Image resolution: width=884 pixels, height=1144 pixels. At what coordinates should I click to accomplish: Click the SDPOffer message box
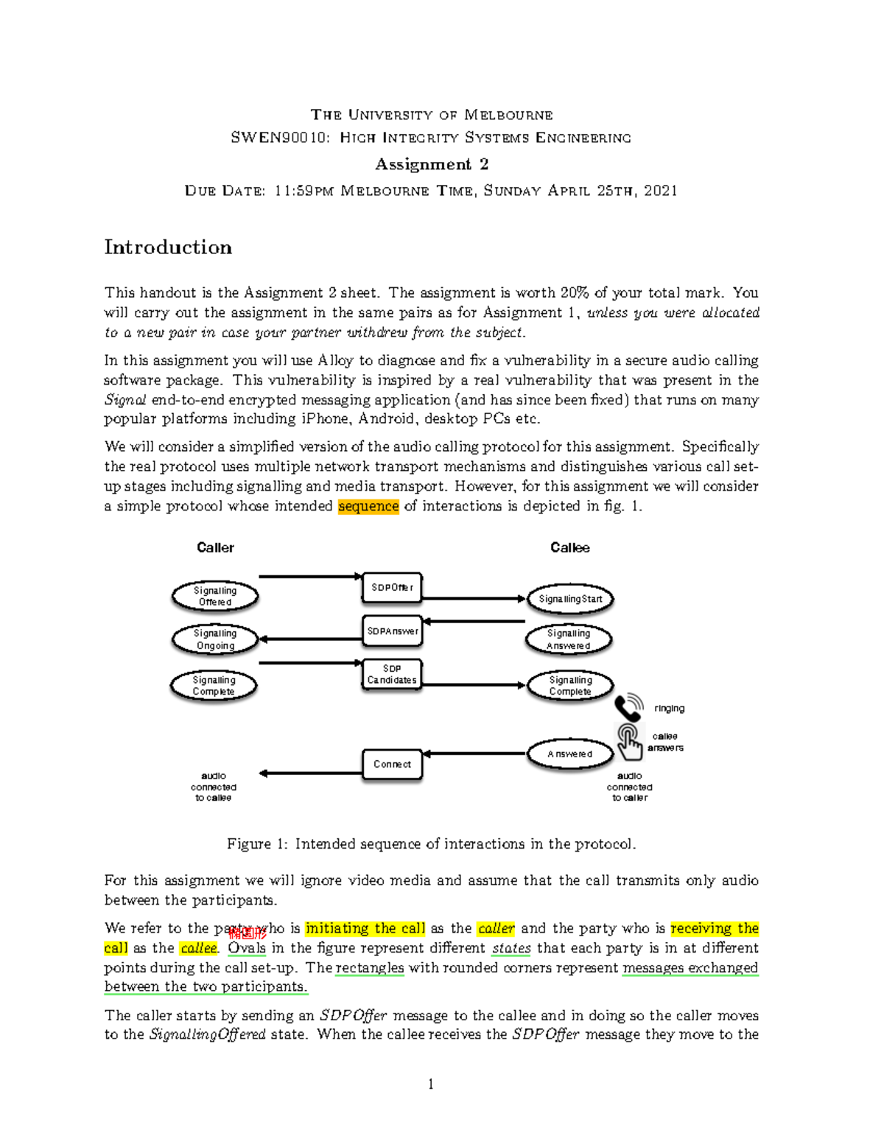pyautogui.click(x=392, y=588)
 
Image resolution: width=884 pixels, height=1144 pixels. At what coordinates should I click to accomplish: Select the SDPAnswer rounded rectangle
pyautogui.click(x=393, y=631)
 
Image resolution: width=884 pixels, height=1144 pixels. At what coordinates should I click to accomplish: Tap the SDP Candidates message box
pyautogui.click(x=392, y=674)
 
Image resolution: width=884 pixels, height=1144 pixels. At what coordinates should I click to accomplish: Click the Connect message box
pyautogui.click(x=392, y=764)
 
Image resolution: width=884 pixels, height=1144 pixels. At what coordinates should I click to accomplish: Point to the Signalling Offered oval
pyautogui.click(x=215, y=597)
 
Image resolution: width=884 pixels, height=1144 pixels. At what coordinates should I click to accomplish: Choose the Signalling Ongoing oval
pyautogui.click(x=215, y=639)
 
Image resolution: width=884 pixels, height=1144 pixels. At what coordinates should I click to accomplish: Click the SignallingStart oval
pyautogui.click(x=570, y=599)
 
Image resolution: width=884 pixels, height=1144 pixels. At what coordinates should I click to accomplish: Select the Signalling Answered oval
pyautogui.click(x=569, y=639)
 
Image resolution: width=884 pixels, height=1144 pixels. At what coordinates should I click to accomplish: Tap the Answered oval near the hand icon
pyautogui.click(x=569, y=754)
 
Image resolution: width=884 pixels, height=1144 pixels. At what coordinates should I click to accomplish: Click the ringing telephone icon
pyautogui.click(x=628, y=708)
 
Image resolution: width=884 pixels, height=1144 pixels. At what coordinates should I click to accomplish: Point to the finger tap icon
pyautogui.click(x=628, y=741)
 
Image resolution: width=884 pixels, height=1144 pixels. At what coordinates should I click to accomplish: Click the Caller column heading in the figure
pyautogui.click(x=215, y=547)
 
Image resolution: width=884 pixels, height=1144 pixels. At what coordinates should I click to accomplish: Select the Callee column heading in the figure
pyautogui.click(x=569, y=547)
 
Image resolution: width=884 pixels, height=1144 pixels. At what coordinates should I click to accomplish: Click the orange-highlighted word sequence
pyautogui.click(x=368, y=506)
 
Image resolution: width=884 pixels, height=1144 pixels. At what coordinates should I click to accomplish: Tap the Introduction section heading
pyautogui.click(x=168, y=247)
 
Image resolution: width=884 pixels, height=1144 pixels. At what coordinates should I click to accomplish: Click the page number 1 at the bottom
pyautogui.click(x=431, y=1084)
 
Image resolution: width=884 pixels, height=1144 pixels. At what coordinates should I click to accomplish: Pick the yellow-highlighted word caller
pyautogui.click(x=496, y=928)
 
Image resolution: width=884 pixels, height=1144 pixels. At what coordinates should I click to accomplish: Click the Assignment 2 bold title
pyautogui.click(x=431, y=164)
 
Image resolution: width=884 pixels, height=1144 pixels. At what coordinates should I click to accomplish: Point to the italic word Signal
pyautogui.click(x=124, y=400)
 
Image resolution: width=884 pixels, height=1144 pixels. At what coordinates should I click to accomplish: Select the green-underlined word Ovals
pyautogui.click(x=246, y=948)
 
